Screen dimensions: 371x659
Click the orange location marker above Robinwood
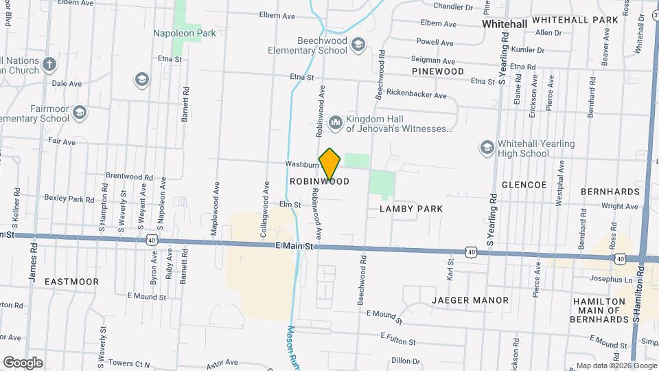pyautogui.click(x=330, y=164)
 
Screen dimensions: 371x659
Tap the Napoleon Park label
pyautogui.click(x=185, y=33)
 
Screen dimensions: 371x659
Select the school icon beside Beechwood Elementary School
pyautogui.click(x=358, y=45)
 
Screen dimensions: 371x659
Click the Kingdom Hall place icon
pyautogui.click(x=336, y=122)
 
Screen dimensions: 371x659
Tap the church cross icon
pyautogui.click(x=49, y=65)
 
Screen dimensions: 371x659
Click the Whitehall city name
pyautogui.click(x=505, y=23)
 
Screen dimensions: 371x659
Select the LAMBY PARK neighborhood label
pyautogui.click(x=411, y=208)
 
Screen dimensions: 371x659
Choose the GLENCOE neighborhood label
pyautogui.click(x=524, y=185)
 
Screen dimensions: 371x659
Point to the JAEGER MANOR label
pyautogui.click(x=470, y=300)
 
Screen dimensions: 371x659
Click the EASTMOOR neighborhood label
pyautogui.click(x=71, y=282)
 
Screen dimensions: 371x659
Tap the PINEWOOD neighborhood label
pyautogui.click(x=438, y=71)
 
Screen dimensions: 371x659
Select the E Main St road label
pyautogui.click(x=294, y=245)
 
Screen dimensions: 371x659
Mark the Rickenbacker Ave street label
pyautogui.click(x=417, y=94)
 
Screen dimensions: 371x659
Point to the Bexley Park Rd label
pyautogui.click(x=69, y=199)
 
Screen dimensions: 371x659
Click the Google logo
pyautogui.click(x=23, y=362)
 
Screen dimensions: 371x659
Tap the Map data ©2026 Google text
pyautogui.click(x=614, y=366)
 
